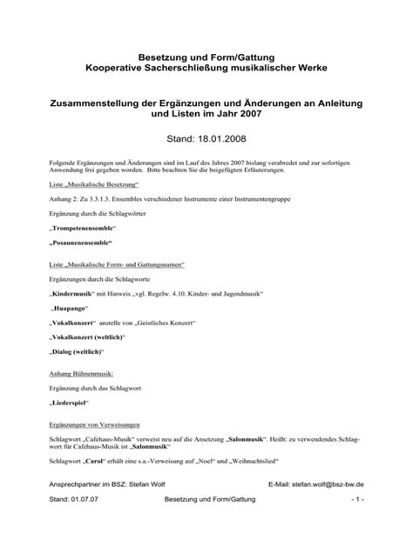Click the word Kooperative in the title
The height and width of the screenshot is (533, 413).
pyautogui.click(x=112, y=67)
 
